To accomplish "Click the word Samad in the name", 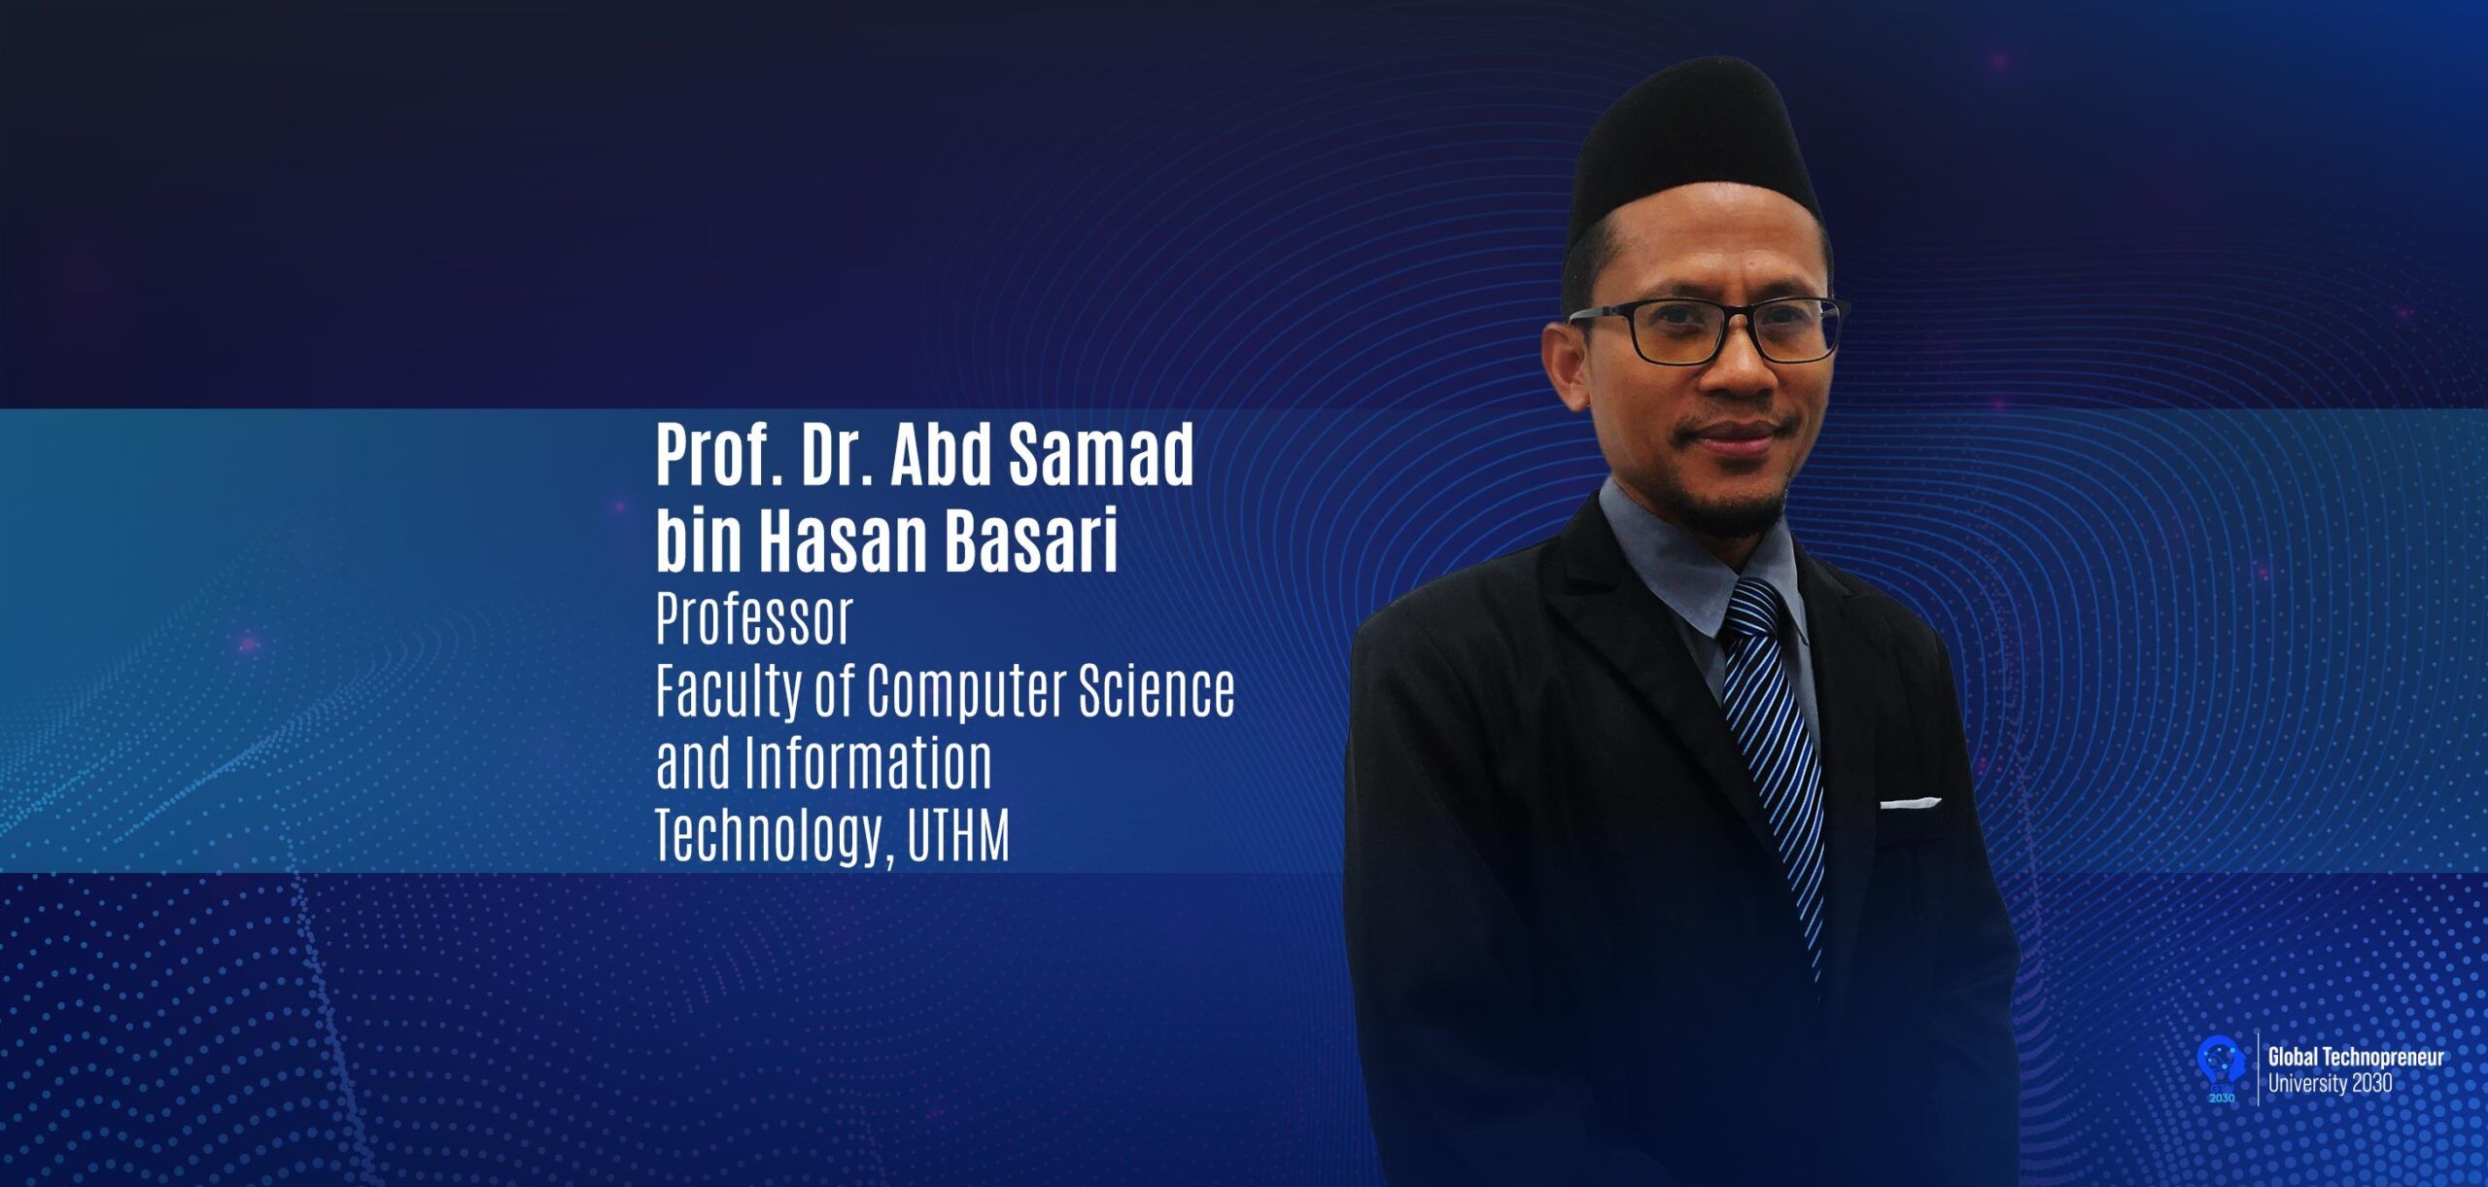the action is [1101, 455].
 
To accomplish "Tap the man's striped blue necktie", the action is [1774, 768].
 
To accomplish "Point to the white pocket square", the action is [1910, 803].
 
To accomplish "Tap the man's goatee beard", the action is [1740, 496].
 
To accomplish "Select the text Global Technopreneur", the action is [2355, 1058].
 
